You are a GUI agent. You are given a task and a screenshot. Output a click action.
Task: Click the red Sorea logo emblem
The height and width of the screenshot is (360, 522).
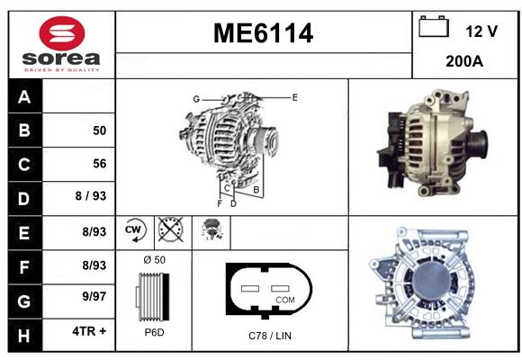click(x=62, y=32)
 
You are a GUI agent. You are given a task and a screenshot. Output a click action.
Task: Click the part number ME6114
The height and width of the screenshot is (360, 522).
click(x=263, y=33)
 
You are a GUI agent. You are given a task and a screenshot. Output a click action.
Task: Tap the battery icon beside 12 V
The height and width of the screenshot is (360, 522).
click(x=434, y=26)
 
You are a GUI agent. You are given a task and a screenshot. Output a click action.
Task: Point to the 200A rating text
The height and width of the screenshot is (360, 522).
click(x=464, y=61)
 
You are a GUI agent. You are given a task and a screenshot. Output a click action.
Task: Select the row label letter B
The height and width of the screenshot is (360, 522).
click(x=24, y=130)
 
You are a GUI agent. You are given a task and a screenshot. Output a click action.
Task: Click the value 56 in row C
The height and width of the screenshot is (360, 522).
click(x=100, y=164)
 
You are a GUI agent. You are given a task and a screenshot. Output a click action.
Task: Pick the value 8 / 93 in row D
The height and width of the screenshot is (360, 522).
click(x=91, y=196)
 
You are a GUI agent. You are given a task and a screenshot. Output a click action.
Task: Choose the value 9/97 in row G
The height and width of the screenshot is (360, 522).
click(x=94, y=296)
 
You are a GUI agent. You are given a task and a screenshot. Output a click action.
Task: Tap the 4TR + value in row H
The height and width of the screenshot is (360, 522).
click(x=89, y=331)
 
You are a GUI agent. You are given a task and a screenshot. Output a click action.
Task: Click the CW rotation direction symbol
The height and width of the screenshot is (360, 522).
click(x=135, y=230)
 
